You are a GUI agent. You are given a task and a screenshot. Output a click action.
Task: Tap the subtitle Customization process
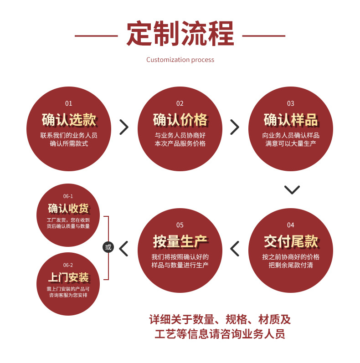(180, 60)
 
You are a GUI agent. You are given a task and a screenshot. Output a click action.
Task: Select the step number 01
(69, 103)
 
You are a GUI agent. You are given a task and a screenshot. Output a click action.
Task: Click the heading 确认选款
(69, 120)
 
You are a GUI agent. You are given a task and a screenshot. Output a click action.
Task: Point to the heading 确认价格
(180, 120)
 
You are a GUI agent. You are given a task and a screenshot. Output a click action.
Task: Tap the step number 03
(291, 103)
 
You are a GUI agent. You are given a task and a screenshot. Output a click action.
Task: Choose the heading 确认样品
(291, 120)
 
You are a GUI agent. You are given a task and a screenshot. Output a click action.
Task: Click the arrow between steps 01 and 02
(124, 127)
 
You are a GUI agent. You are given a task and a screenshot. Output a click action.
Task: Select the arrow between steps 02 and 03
(235, 127)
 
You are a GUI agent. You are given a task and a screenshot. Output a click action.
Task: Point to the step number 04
(291, 225)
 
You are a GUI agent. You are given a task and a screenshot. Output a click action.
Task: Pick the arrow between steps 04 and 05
(235, 248)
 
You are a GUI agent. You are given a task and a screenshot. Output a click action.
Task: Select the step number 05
(180, 225)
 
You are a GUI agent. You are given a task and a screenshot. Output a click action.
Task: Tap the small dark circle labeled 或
(108, 248)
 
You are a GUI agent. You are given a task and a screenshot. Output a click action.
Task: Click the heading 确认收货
(68, 209)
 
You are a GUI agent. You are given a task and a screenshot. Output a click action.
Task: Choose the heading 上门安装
(68, 277)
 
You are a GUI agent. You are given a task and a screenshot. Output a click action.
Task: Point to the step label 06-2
(68, 265)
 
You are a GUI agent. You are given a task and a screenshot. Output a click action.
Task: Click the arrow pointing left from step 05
(123, 248)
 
